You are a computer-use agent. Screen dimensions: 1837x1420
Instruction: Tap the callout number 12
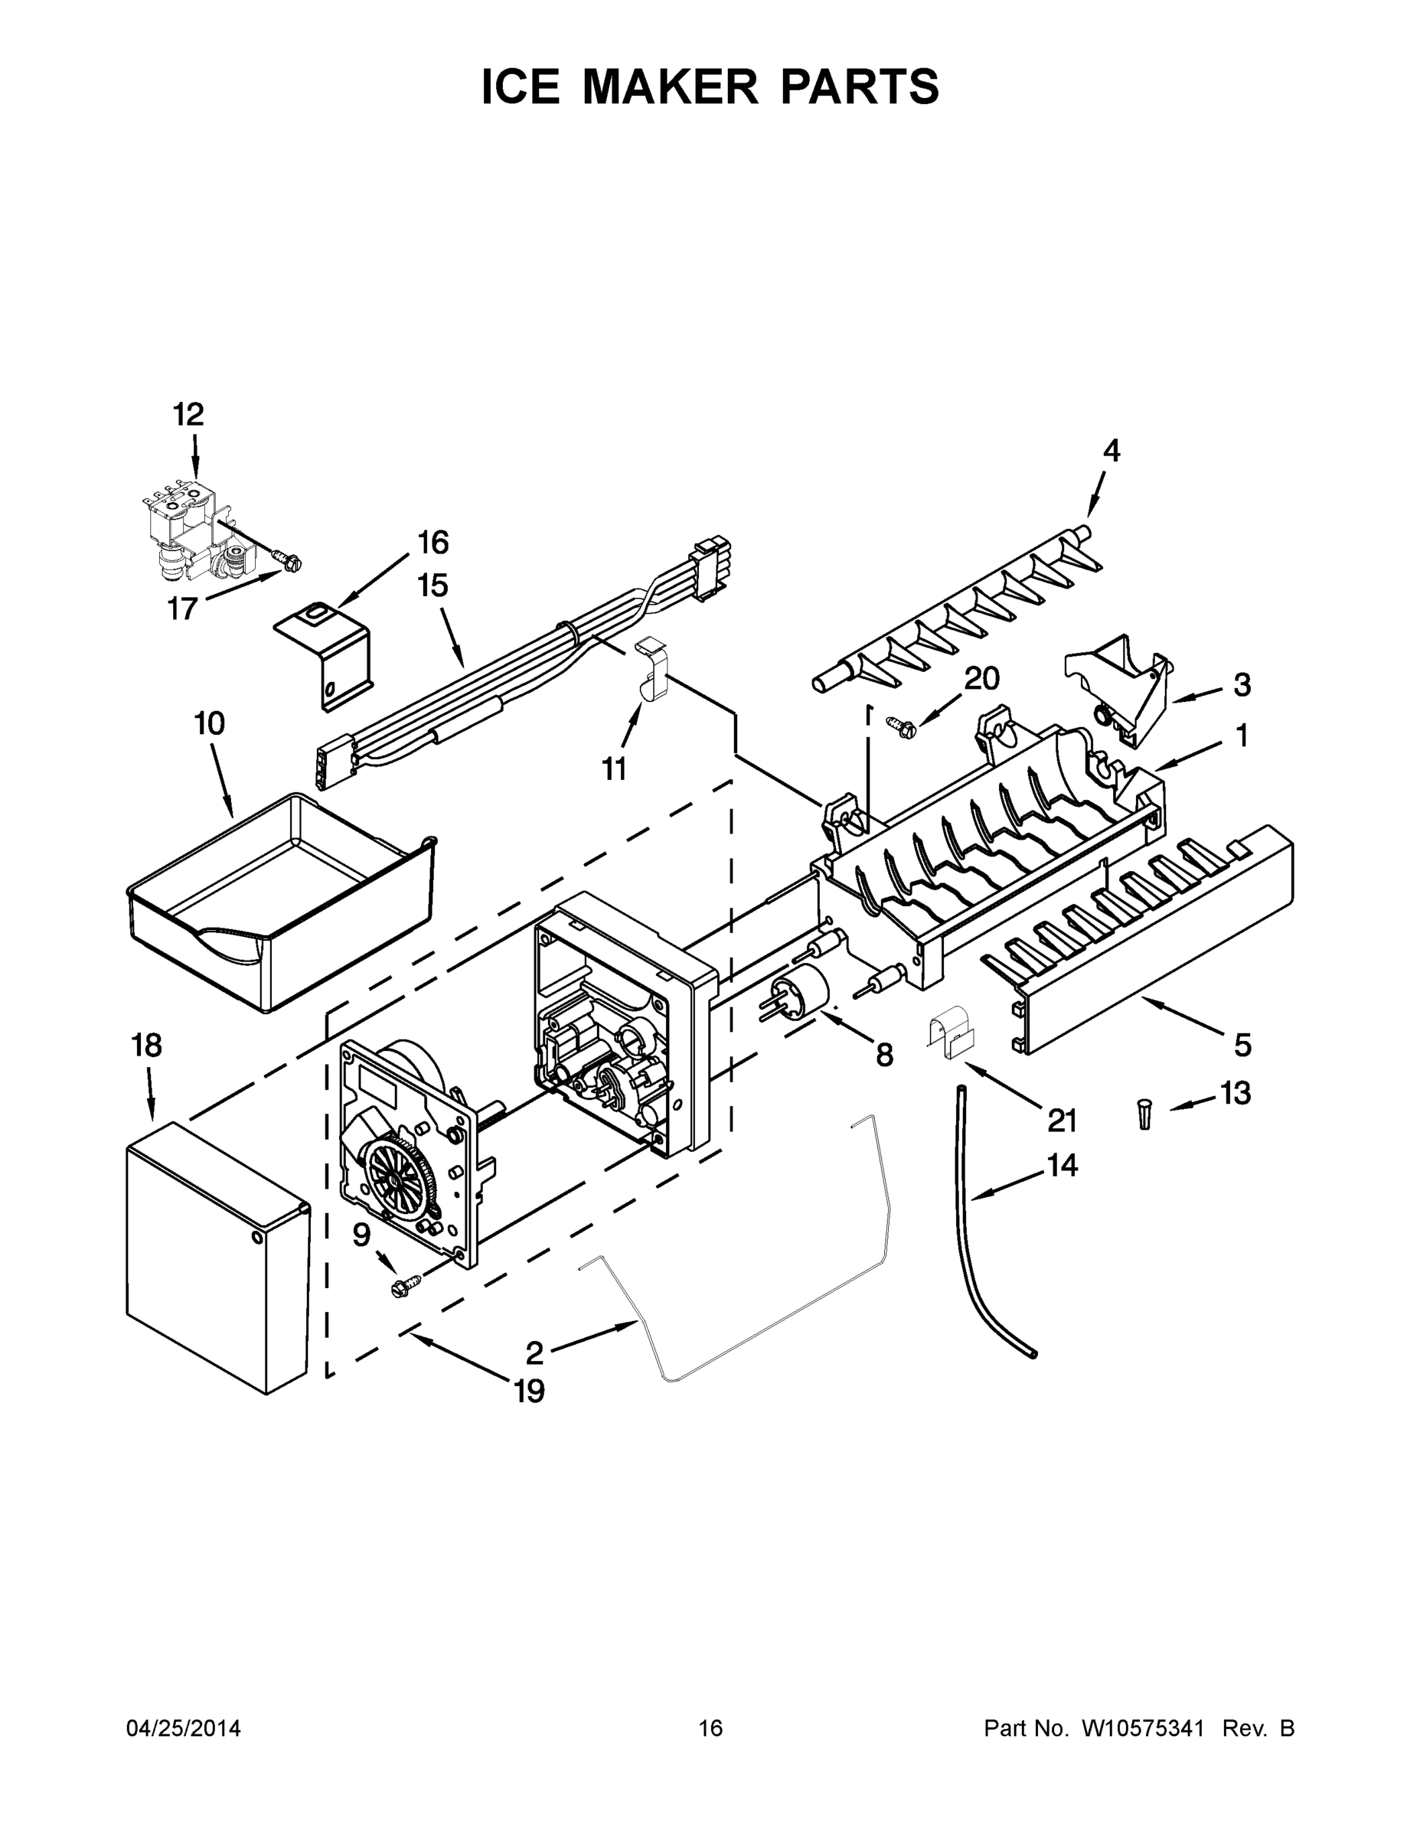[188, 415]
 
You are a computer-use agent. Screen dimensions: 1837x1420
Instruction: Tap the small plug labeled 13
[1144, 1114]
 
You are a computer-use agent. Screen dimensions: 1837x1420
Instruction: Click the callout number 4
[1112, 452]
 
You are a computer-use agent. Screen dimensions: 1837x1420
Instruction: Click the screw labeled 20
[902, 725]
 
